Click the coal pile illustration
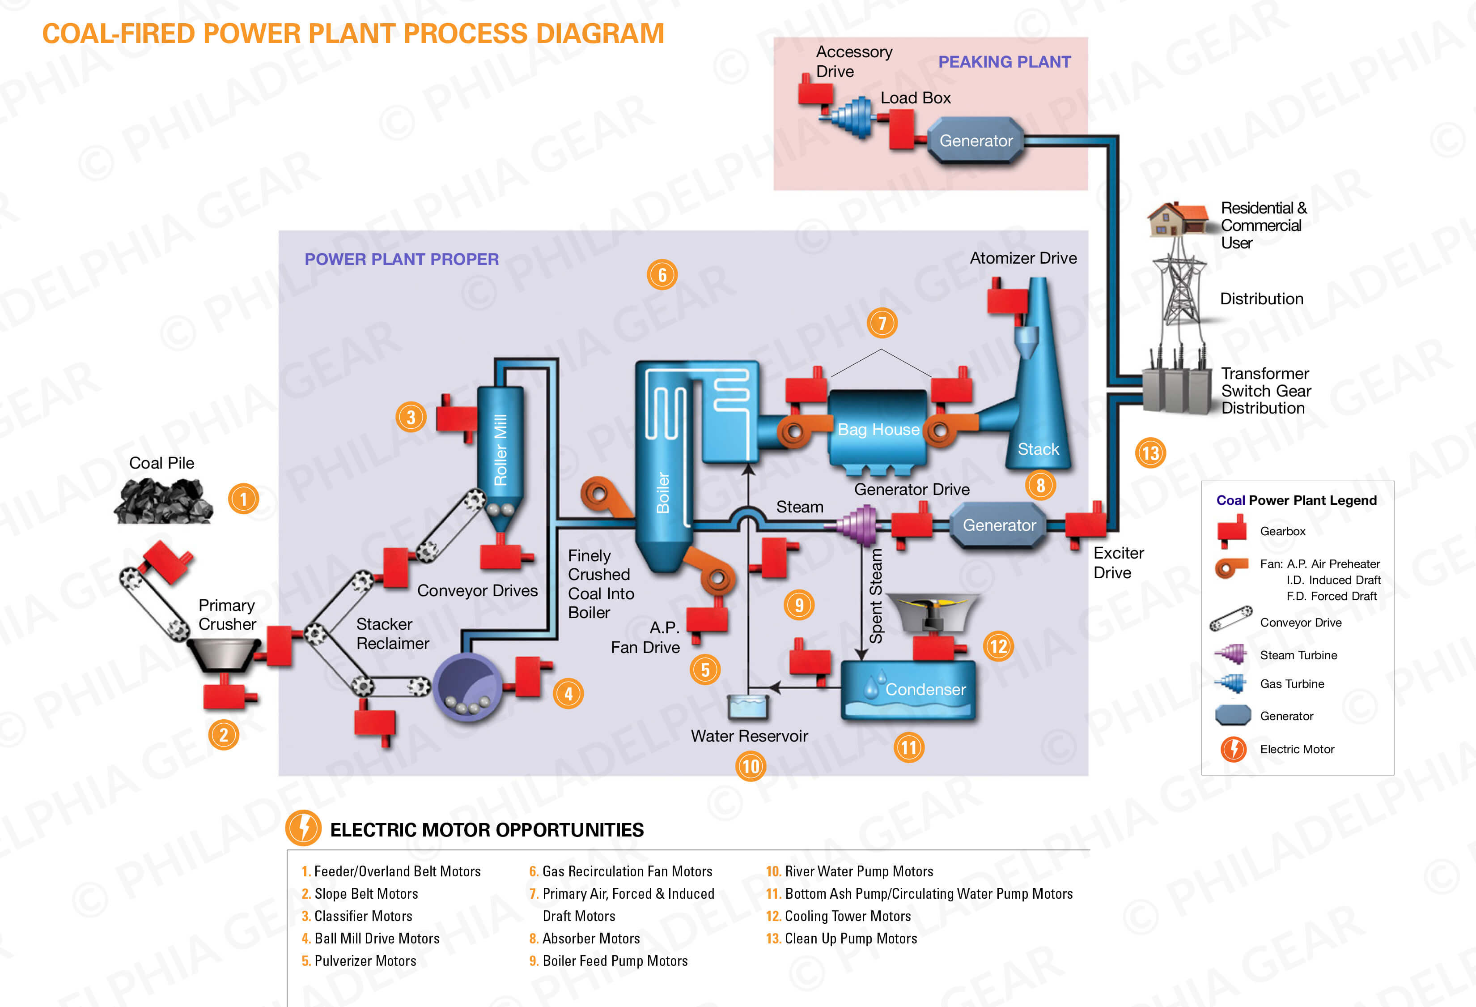(x=163, y=501)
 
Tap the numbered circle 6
(x=662, y=275)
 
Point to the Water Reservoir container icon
(x=748, y=707)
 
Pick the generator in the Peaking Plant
(x=976, y=141)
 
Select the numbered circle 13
(x=1150, y=453)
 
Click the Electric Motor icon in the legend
(x=1234, y=749)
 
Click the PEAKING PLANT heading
(x=1004, y=62)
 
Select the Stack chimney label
(x=1038, y=449)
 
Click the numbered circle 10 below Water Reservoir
(x=751, y=766)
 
